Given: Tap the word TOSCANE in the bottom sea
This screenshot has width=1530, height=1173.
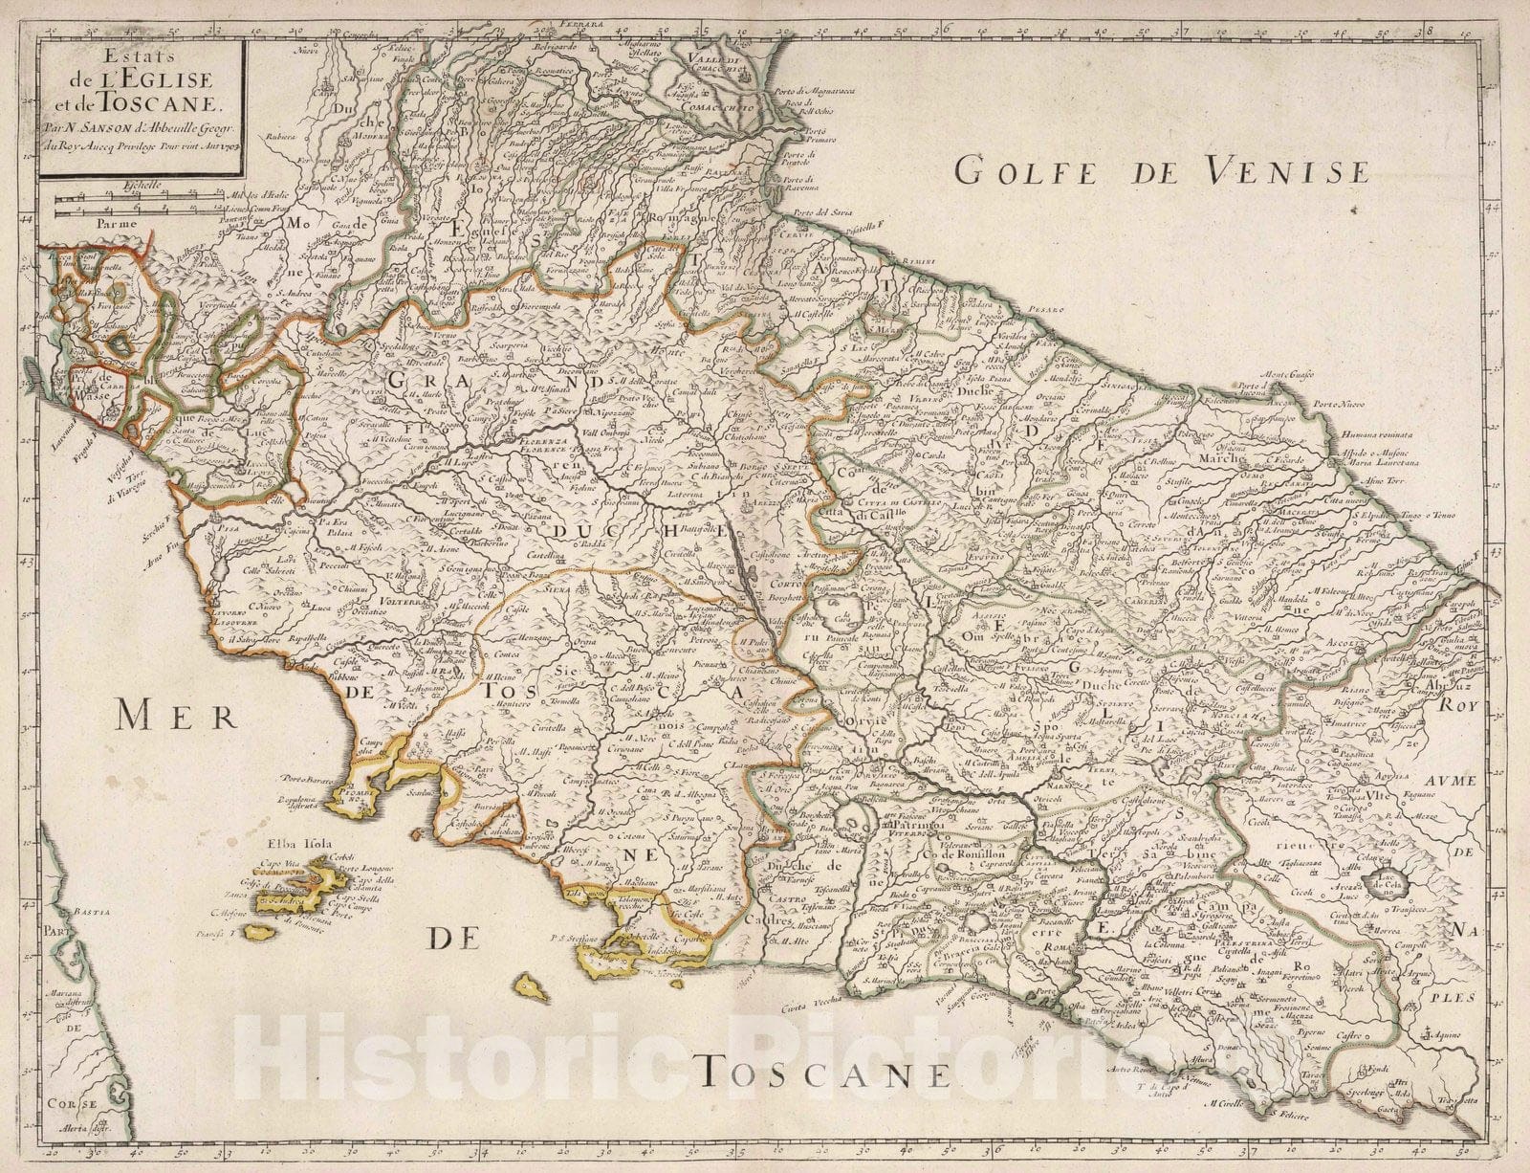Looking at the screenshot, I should [x=823, y=1075].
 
